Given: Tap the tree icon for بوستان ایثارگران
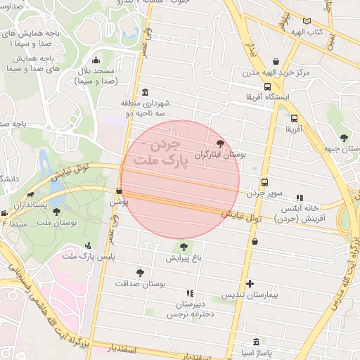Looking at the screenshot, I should point(221,143).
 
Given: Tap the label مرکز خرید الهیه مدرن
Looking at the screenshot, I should point(277,72).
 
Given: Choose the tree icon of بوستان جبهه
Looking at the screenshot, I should point(343,138).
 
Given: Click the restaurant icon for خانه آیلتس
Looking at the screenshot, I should point(300,198).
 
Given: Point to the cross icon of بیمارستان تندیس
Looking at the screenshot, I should point(250,284).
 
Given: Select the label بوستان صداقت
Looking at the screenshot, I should point(140,283).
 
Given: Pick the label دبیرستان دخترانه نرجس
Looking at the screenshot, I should point(188,310).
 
